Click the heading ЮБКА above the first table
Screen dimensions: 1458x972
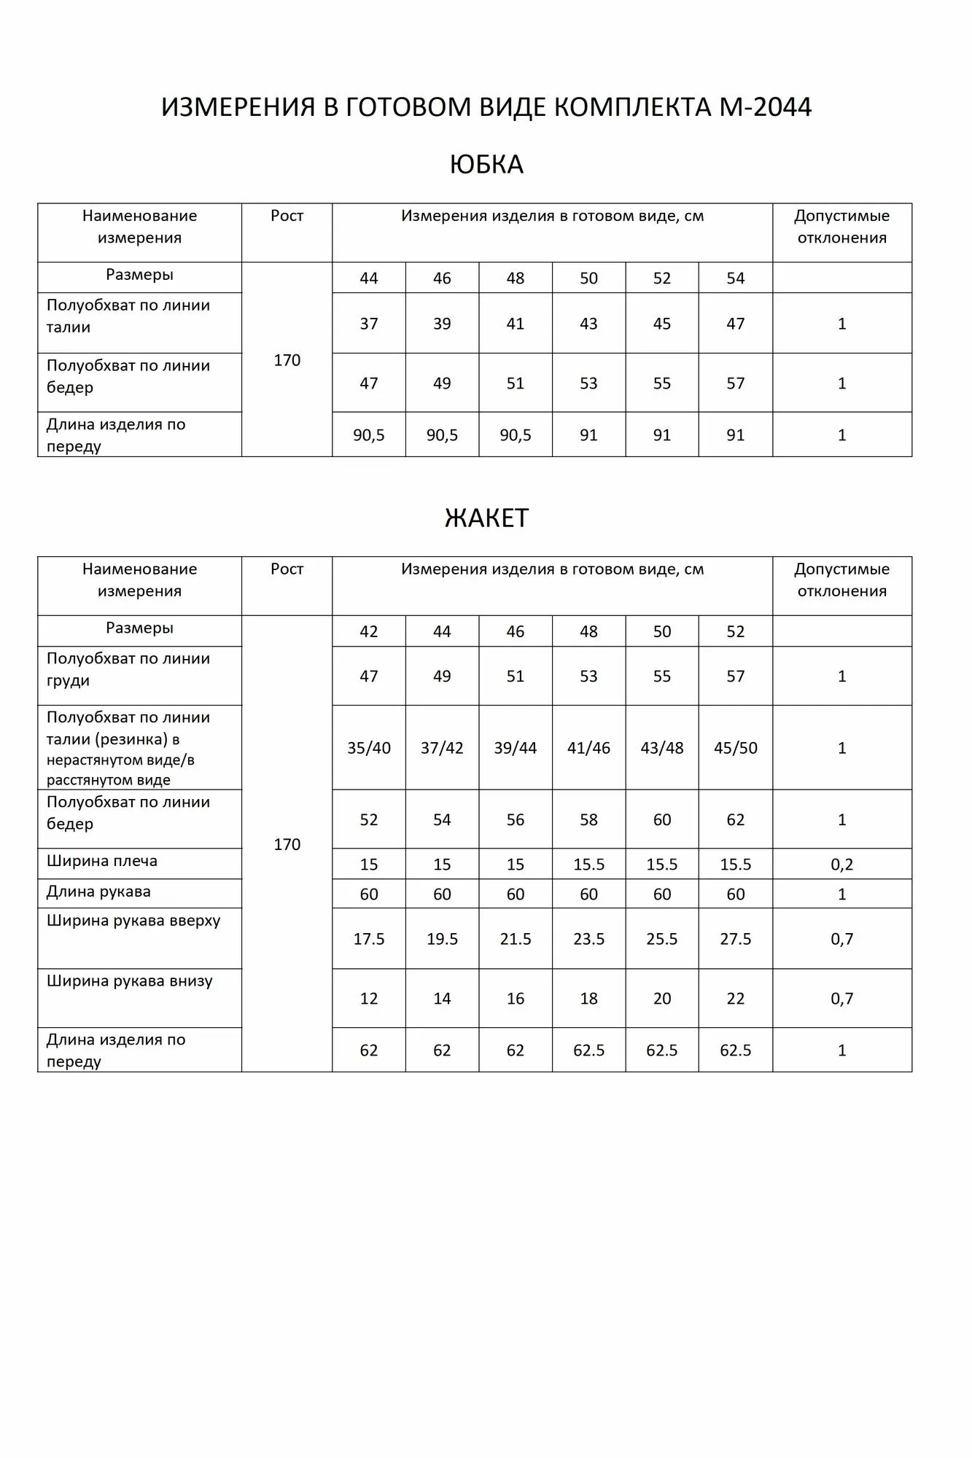tap(486, 164)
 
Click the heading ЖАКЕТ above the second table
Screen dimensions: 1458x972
tap(486, 518)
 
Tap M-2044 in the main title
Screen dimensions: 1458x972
tap(765, 107)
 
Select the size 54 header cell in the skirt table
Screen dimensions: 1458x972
tap(735, 278)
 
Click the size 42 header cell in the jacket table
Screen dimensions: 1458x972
tap(369, 631)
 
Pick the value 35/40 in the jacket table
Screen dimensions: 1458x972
tap(369, 748)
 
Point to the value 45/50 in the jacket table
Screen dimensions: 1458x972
tap(735, 748)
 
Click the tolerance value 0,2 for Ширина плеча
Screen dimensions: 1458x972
tap(841, 865)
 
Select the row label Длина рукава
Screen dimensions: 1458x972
tap(98, 892)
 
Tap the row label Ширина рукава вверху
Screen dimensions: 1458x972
tap(133, 921)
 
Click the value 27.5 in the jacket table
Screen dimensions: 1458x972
tap(735, 939)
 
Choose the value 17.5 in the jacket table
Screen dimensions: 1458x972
tap(369, 939)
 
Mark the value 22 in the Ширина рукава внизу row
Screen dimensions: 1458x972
tap(735, 999)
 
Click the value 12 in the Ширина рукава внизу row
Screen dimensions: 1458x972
tap(369, 999)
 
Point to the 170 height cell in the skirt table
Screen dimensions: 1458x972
tap(287, 360)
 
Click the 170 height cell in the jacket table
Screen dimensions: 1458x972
tap(287, 844)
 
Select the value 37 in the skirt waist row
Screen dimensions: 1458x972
tap(369, 324)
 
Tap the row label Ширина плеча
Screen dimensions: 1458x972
tap(101, 861)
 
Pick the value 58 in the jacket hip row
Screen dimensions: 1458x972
tap(588, 820)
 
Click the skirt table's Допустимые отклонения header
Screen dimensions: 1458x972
tap(841, 227)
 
